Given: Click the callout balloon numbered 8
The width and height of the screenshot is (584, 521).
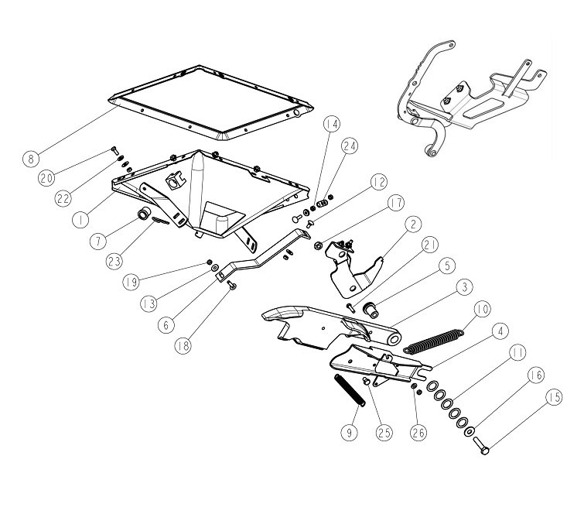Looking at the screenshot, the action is point(30,159).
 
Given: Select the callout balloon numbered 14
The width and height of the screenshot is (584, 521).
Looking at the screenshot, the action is point(332,124).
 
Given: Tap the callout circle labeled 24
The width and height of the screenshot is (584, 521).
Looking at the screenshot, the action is point(350,146).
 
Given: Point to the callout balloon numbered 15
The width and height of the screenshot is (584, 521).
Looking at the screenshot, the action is point(554,396).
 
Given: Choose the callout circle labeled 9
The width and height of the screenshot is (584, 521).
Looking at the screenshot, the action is point(350,432).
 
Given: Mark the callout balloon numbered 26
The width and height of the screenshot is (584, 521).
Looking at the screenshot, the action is point(418,432).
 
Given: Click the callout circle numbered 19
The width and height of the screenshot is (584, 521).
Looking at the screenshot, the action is point(131,281).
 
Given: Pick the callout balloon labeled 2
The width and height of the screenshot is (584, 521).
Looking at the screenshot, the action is point(413,225).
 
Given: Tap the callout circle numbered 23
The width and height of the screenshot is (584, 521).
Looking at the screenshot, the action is point(114,261).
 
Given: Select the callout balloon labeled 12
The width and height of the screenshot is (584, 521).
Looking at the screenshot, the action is point(379,182).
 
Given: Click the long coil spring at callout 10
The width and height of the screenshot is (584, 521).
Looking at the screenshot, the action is point(434,341).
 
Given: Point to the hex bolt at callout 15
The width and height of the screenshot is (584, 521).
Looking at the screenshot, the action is point(481,446).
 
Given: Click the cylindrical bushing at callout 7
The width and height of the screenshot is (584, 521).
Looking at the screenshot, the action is point(144,214).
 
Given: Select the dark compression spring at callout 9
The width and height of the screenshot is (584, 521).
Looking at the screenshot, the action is point(350,391).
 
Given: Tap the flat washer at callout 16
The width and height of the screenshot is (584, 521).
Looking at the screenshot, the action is point(470,431).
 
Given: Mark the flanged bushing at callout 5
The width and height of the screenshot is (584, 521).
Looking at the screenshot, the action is point(371,310).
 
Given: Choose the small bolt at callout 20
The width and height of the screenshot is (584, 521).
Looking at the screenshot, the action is point(114,150).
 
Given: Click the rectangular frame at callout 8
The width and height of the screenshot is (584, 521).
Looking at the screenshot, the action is point(211,103).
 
